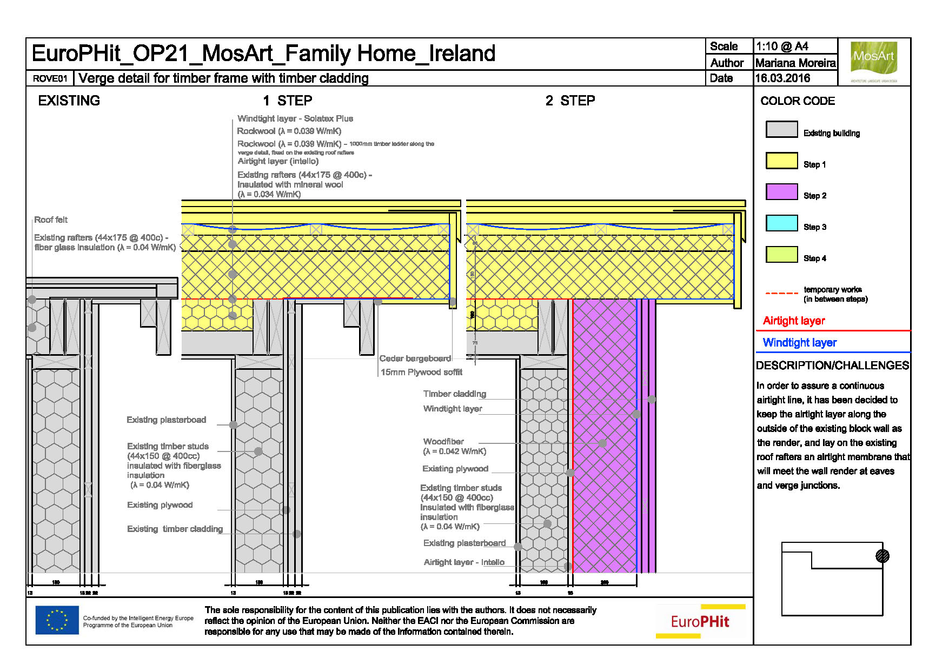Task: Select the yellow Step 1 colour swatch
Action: point(781,161)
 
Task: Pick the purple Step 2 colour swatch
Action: point(781,192)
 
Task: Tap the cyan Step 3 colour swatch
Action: point(781,223)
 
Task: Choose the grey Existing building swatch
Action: point(781,130)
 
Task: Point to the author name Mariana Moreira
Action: point(795,63)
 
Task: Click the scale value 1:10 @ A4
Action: point(781,46)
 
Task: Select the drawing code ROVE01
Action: point(50,78)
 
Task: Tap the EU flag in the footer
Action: point(57,620)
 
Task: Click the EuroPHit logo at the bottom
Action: point(700,622)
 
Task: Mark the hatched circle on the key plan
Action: point(882,556)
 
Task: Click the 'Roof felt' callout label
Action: point(51,220)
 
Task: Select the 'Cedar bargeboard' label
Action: point(415,358)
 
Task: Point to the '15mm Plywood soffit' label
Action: point(421,372)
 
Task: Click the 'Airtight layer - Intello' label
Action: point(464,562)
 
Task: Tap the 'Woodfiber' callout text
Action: point(443,442)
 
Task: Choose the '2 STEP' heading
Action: point(570,101)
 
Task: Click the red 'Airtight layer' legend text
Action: point(793,321)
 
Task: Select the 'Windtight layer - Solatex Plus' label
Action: point(295,118)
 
